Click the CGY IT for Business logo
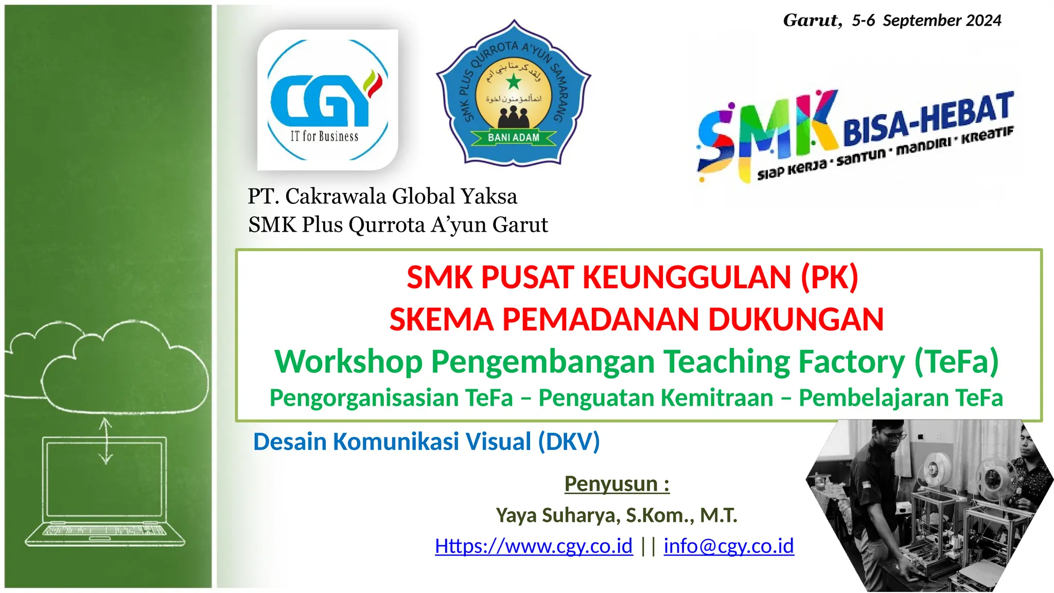327,99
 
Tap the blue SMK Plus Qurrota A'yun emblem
514,94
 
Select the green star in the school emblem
514,81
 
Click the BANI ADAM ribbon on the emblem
514,137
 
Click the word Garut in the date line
812,21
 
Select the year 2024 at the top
983,21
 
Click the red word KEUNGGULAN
687,277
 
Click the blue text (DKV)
569,442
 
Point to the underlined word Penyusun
611,484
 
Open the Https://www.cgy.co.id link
534,546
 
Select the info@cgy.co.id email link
728,546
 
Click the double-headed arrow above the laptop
106,441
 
